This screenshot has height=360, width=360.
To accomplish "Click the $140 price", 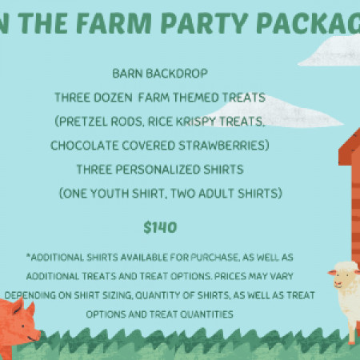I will click(160, 227).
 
